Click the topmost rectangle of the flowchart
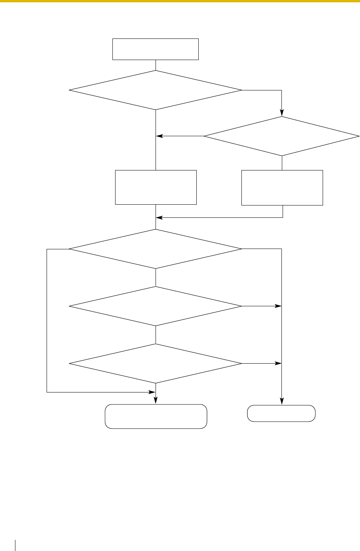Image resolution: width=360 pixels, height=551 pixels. [155, 49]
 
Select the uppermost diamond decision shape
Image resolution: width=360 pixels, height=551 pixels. [156, 90]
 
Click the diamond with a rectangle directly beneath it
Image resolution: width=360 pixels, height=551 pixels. [282, 136]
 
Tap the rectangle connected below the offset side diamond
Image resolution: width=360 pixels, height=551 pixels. [282, 187]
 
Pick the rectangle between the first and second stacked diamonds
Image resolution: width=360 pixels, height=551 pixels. [156, 187]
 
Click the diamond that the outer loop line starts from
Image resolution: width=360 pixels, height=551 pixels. [156, 249]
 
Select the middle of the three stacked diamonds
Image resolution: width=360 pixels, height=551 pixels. [156, 306]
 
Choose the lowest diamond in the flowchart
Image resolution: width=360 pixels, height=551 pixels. [156, 364]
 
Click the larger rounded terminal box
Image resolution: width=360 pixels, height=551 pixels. [156, 416]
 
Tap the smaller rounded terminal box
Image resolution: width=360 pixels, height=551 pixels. [281, 414]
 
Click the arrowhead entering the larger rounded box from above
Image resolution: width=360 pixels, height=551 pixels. [156, 401]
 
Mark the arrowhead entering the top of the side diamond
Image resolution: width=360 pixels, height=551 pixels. [282, 114]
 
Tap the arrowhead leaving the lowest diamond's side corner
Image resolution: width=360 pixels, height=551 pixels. [278, 364]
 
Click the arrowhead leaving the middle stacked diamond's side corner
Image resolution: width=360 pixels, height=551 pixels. [278, 306]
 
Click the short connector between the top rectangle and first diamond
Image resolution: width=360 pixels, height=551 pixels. [156, 65]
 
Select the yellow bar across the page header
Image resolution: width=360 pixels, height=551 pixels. [180, 1]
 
